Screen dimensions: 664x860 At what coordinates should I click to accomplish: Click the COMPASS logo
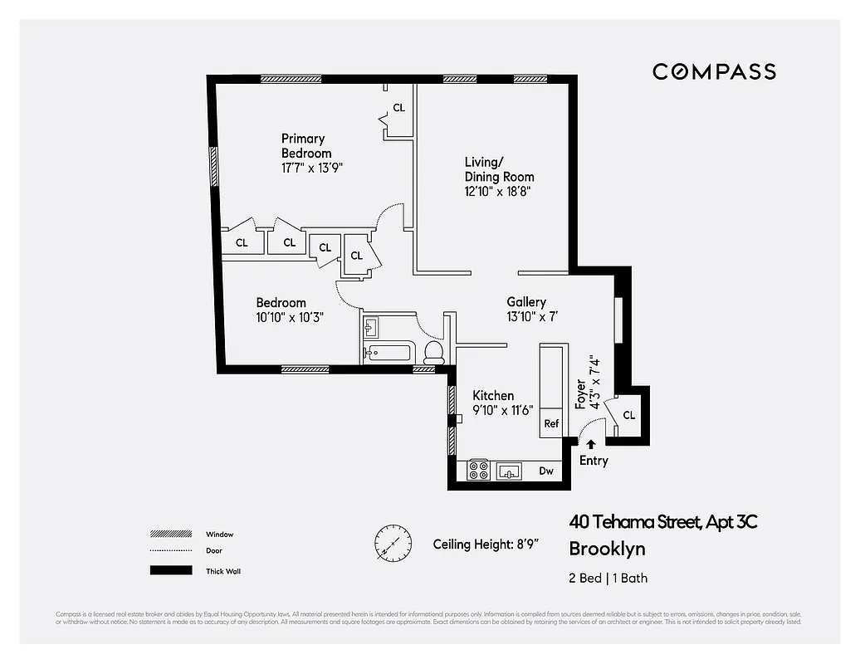[x=714, y=71]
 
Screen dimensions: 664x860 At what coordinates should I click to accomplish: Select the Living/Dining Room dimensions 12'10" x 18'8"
[x=497, y=191]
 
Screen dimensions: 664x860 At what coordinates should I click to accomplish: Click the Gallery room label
[x=526, y=302]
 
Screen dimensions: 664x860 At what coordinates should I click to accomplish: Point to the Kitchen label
[x=493, y=396]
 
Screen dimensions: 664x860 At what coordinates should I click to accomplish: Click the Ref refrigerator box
[x=551, y=422]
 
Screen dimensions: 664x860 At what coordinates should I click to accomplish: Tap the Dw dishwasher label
[x=546, y=471]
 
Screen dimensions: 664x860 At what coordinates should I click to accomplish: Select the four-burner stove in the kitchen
[x=478, y=471]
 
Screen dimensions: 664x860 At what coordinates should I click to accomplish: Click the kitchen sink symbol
[x=509, y=471]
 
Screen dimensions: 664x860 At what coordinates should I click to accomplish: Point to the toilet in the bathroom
[x=433, y=352]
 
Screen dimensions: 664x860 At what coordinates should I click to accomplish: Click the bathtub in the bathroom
[x=388, y=354]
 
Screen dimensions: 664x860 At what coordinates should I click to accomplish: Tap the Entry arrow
[x=591, y=445]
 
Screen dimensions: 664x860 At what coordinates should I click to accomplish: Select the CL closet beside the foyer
[x=628, y=414]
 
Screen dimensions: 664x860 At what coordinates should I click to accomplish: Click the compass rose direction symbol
[x=392, y=544]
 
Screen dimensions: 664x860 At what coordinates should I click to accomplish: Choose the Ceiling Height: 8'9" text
[x=486, y=544]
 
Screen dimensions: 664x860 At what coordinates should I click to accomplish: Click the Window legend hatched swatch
[x=165, y=534]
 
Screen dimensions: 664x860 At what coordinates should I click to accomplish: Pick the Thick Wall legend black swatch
[x=165, y=570]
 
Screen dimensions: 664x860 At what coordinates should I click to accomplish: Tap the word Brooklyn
[x=607, y=549]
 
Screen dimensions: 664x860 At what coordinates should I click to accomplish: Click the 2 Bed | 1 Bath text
[x=608, y=578]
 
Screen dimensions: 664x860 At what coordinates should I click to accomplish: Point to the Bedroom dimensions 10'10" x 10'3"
[x=289, y=316]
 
